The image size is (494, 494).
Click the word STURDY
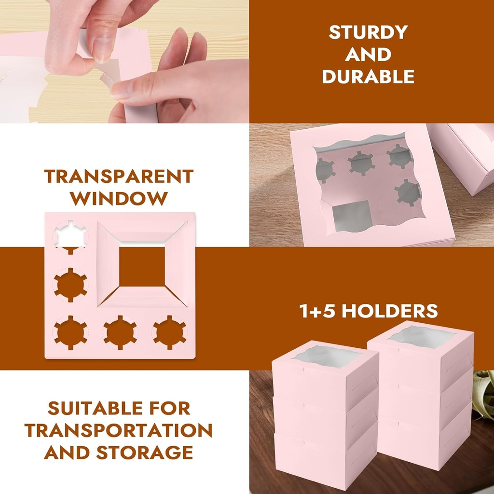[x=368, y=32]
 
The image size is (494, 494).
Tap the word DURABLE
[x=368, y=77]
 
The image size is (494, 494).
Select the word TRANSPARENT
[x=119, y=177]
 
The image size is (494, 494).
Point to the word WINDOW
[x=119, y=198]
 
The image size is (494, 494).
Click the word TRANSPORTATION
[x=119, y=430]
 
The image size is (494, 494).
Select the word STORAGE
[x=145, y=453]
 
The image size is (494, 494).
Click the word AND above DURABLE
[x=368, y=55]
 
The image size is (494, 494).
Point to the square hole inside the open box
[x=351, y=216]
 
